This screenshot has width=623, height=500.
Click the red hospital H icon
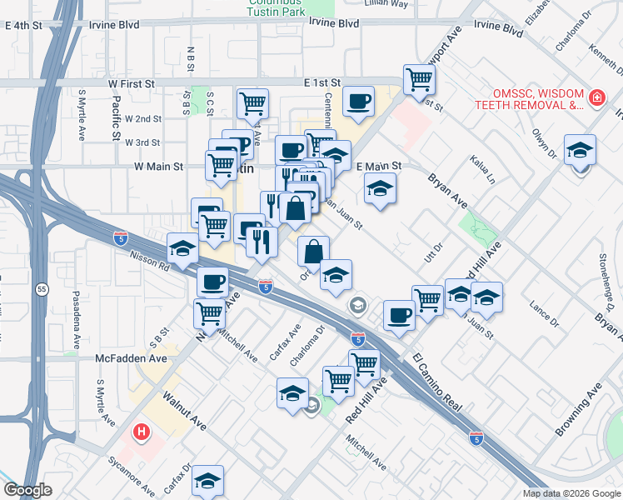142,432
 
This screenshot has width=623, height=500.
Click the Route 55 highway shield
42,288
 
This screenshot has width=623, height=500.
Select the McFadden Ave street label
132,358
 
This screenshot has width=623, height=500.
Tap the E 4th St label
23,26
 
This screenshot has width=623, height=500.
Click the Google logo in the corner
27,490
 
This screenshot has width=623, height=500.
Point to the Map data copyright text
571,493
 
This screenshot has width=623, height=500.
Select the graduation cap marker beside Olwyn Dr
580,151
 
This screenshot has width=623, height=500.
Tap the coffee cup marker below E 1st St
358,102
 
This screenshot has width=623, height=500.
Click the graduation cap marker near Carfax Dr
207,481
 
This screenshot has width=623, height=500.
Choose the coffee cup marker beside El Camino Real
399,316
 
